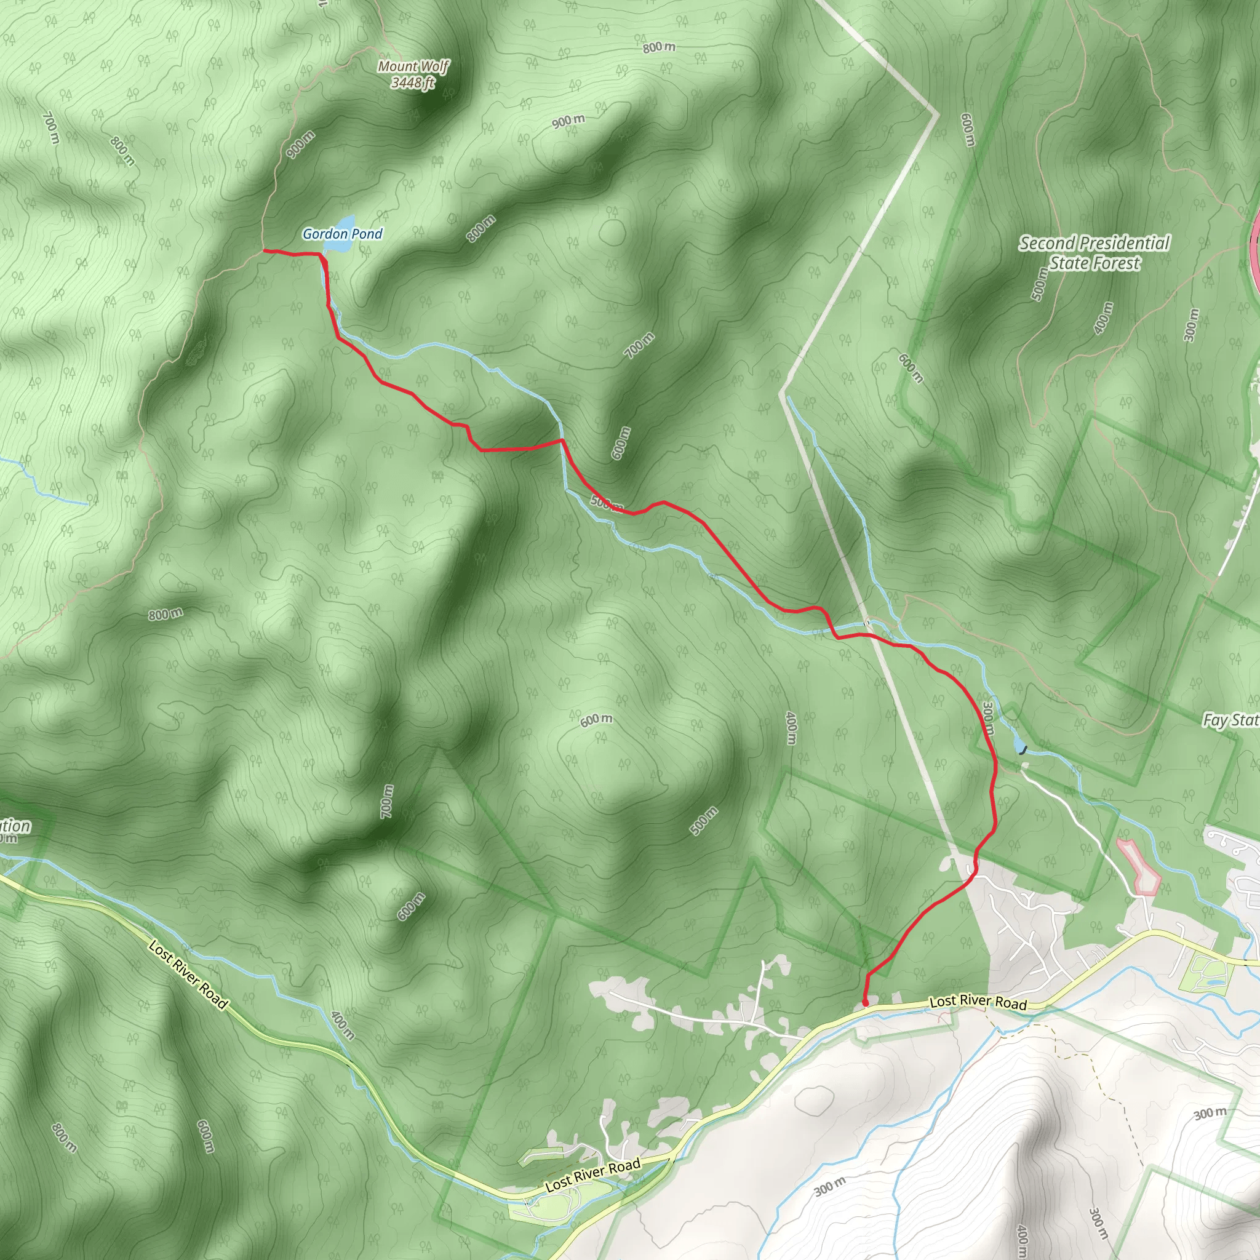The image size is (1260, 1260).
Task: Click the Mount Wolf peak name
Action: point(413,66)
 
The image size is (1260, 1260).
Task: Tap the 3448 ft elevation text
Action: point(413,83)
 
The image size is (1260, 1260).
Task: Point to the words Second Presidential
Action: point(1095,243)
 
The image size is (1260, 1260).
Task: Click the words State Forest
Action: point(1095,263)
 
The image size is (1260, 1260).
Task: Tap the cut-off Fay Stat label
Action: point(1230,720)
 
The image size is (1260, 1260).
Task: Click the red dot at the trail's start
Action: point(865,1003)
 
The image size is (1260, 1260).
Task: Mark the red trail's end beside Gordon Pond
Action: point(265,250)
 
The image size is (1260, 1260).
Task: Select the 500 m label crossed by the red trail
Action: point(607,503)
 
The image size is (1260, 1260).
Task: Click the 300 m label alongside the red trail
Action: point(988,719)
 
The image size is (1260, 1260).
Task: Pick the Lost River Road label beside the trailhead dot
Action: point(978,1002)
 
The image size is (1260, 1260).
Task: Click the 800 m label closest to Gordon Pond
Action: point(481,228)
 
